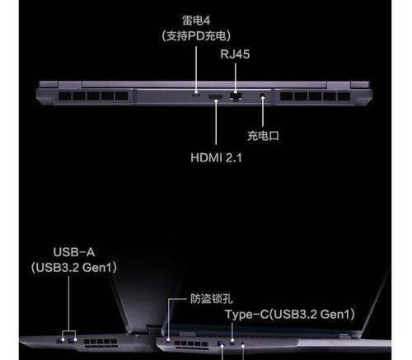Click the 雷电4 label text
pos(196,21)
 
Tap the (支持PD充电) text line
pos(196,35)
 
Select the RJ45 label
pos(235,54)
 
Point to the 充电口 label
pos(263,136)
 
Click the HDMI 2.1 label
pos(216,158)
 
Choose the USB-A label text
pos(74,252)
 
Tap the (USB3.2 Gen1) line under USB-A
pos(74,268)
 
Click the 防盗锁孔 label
pos(211,299)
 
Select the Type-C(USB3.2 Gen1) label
pos(290,315)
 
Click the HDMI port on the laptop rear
pos(216,96)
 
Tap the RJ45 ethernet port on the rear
pos(236,96)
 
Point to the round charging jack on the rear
pos(262,96)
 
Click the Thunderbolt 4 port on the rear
pos(196,95)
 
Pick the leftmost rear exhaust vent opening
pos(65,96)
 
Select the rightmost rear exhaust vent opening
pos(344,96)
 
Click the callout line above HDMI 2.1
pos(216,122)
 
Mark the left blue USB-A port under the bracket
pos(59,341)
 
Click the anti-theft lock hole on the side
pos(168,341)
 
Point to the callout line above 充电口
pos(263,111)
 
